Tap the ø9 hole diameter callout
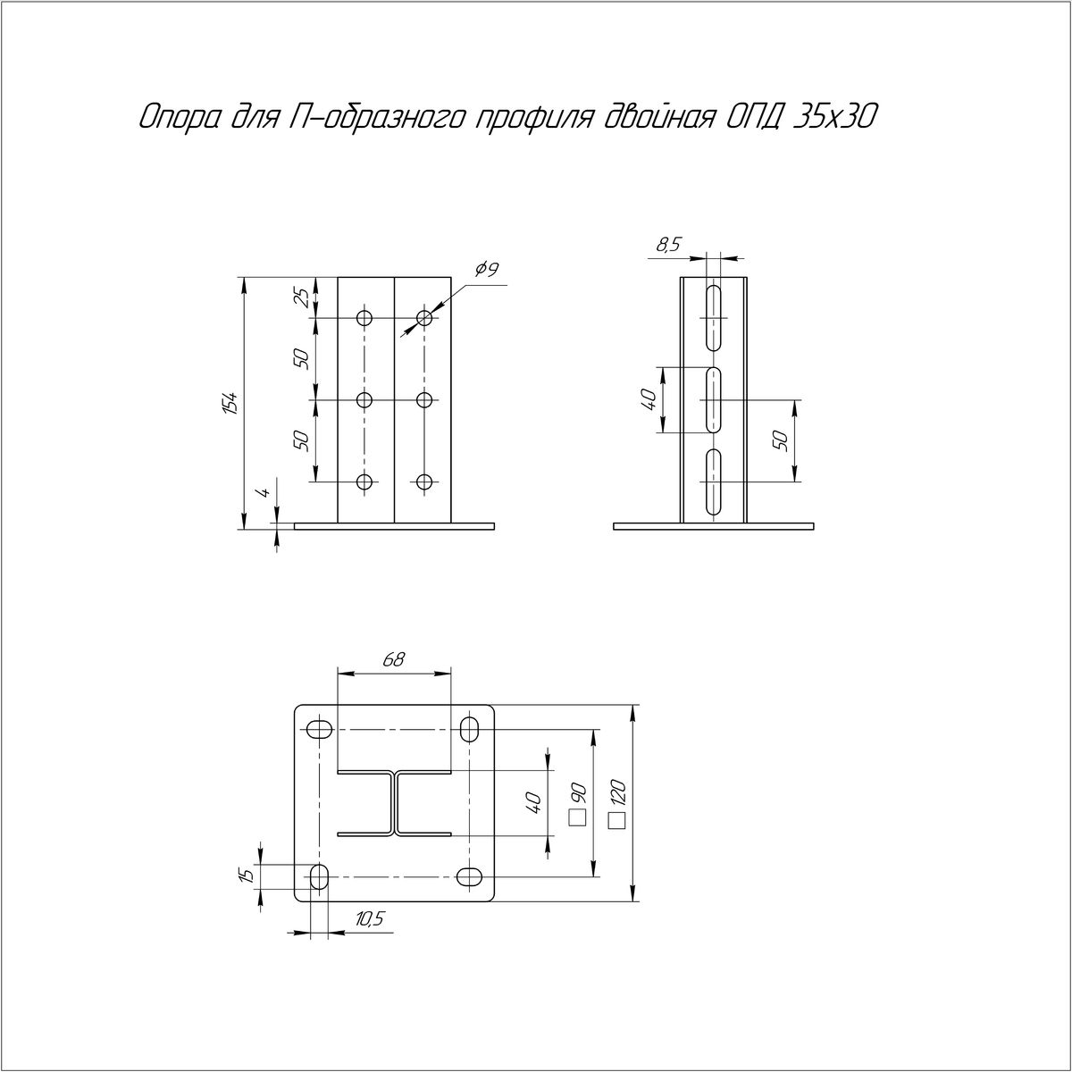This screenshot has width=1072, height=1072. [x=487, y=270]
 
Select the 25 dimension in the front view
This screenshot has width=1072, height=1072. [x=301, y=298]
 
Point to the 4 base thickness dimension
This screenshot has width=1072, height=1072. [x=264, y=491]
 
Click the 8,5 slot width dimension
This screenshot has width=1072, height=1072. [x=669, y=245]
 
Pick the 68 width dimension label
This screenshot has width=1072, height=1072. [x=394, y=660]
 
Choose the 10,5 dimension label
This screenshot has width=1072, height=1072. [x=370, y=919]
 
